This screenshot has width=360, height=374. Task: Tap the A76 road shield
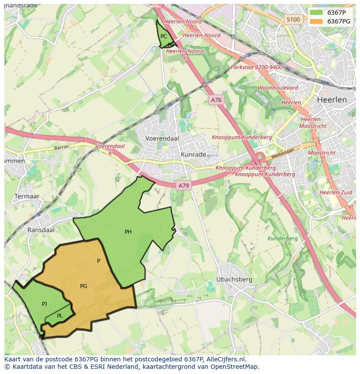click(216, 100)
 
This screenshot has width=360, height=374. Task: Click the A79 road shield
click(183, 185)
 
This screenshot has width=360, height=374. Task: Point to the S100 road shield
click(293, 20)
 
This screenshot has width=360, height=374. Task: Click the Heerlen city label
click(332, 99)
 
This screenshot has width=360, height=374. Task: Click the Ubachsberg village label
click(234, 279)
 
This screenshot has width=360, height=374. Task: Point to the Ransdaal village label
click(41, 230)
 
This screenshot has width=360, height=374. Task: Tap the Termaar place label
click(27, 196)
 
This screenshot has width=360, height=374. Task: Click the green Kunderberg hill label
click(282, 238)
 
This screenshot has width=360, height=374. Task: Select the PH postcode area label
click(128, 232)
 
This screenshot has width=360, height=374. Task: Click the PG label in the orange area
click(83, 286)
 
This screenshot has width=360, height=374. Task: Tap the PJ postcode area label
click(44, 304)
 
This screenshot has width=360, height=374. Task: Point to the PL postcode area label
click(60, 316)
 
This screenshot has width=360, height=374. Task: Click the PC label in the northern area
click(163, 36)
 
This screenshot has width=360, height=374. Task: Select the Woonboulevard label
click(278, 88)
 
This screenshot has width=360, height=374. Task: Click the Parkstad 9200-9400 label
click(256, 67)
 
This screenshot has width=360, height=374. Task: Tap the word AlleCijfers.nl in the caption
click(226, 359)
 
